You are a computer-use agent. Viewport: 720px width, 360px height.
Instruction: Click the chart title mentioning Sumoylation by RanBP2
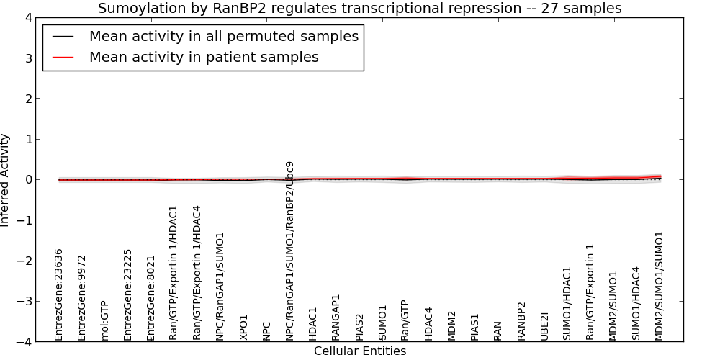tap(359, 8)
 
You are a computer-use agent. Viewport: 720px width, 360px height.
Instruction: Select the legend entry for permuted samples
tap(224, 36)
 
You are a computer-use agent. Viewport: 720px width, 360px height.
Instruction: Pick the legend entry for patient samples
tap(204, 57)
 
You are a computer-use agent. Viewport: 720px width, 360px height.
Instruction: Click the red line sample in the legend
tap(63, 57)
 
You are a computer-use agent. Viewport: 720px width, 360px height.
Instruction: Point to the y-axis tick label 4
tap(29, 18)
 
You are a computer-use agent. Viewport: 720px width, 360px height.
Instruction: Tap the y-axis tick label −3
tap(24, 301)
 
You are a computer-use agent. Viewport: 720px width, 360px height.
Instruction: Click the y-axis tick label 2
tap(29, 99)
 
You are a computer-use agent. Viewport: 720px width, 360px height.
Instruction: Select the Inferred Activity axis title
tap(4, 179)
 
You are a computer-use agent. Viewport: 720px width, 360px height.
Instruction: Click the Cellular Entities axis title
tap(360, 351)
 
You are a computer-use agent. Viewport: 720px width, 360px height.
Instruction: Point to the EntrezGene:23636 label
tap(58, 294)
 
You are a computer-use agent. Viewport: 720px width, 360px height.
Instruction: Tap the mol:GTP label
tap(104, 320)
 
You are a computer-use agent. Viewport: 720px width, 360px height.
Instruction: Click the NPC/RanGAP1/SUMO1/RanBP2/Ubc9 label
tap(289, 251)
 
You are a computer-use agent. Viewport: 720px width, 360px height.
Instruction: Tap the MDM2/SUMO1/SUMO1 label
tap(660, 286)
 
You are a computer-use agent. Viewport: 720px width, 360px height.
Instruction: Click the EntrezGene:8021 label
tap(150, 298)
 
